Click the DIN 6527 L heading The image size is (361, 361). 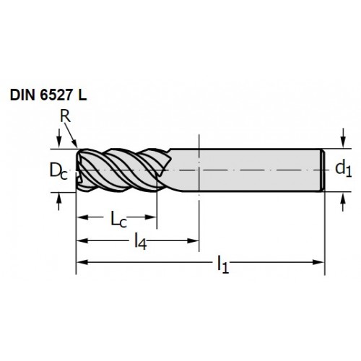[48, 95]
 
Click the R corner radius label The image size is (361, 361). [65, 116]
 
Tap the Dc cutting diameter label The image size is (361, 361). [58, 170]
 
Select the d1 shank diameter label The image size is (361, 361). [344, 169]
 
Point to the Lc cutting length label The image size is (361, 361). [118, 219]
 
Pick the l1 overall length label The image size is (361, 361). [223, 264]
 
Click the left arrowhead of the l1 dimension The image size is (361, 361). [82, 262]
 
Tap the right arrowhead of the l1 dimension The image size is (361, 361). [318, 262]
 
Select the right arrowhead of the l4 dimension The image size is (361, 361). [193, 240]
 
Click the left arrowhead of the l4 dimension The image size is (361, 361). [82, 240]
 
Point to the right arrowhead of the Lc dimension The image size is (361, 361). [151, 217]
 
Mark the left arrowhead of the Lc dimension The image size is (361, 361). [82, 217]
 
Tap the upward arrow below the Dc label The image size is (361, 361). [59, 201]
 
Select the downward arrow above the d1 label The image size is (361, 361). [344, 138]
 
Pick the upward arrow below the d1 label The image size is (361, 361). [344, 202]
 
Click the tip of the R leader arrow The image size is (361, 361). [77, 147]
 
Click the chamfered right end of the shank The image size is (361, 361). [323, 170]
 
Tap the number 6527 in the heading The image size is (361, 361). [56, 95]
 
